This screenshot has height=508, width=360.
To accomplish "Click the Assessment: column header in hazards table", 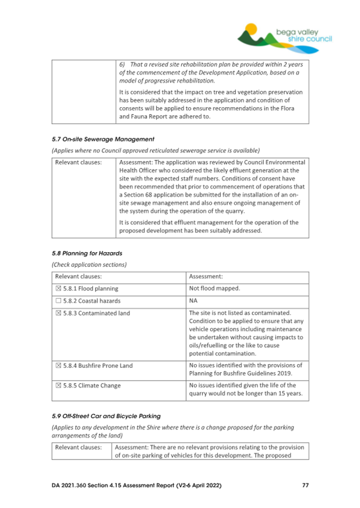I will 206,277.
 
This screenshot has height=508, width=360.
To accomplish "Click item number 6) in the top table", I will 122,63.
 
